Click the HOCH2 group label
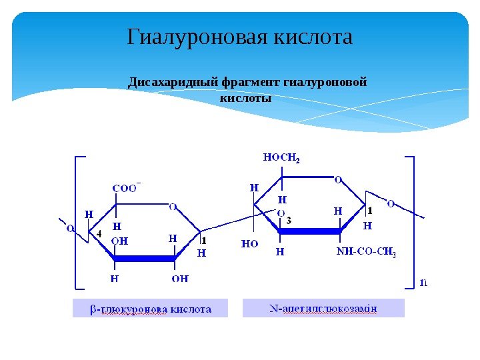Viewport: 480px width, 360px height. tap(282, 158)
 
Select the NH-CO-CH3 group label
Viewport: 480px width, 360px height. tap(366, 252)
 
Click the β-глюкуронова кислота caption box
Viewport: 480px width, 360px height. tap(150, 309)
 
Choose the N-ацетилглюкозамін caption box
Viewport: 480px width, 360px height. tap(323, 309)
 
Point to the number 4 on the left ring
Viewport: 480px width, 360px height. tap(99, 234)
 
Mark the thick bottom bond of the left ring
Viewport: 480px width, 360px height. tap(145, 258)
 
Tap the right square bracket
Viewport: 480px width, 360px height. tap(411, 223)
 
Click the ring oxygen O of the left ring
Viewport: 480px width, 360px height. tap(173, 207)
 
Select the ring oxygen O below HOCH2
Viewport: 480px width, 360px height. tap(338, 179)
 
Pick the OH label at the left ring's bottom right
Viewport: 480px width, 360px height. tap(180, 279)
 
